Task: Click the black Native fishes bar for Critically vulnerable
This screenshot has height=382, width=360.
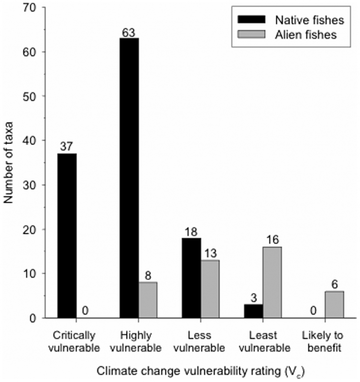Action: pos(67,235)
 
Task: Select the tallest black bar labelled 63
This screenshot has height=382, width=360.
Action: pos(129,178)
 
